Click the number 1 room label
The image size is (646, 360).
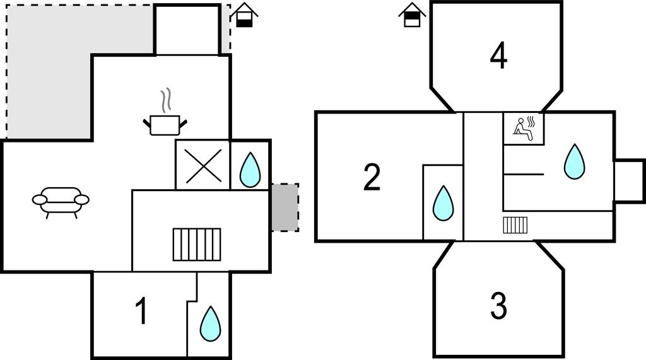tap(142, 311)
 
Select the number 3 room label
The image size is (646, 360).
tap(498, 306)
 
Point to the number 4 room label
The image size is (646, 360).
tap(498, 56)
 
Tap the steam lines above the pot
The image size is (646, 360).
tap(165, 100)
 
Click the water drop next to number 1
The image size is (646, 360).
tap(210, 323)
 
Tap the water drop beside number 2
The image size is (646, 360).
tap(443, 203)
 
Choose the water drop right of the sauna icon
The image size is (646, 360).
tap(574, 161)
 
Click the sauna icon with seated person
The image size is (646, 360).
tap(523, 129)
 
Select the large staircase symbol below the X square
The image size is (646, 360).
tap(197, 245)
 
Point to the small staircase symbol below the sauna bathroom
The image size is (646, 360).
tap(515, 225)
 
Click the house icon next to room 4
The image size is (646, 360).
tap(412, 16)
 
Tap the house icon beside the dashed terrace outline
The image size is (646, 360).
tap(245, 15)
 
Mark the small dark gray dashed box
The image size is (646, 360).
tap(285, 207)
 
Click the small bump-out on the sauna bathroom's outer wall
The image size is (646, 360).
tap(628, 180)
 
